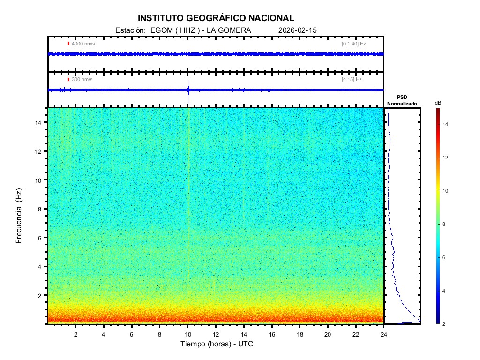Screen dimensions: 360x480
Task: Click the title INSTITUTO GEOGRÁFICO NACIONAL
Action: point(216,18)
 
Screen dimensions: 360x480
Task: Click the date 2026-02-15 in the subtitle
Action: point(298,30)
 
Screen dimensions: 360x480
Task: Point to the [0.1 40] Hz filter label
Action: point(353,44)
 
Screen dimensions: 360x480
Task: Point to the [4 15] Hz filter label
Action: point(352,79)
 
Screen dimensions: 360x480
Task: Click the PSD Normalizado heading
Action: point(402,100)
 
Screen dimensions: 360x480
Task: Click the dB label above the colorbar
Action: point(438,102)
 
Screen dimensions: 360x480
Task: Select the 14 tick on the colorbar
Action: point(447,124)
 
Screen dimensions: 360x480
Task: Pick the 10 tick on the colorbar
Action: point(447,191)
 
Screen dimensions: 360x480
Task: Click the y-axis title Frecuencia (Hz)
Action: point(19,217)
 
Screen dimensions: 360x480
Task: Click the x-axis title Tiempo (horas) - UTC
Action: point(217,344)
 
